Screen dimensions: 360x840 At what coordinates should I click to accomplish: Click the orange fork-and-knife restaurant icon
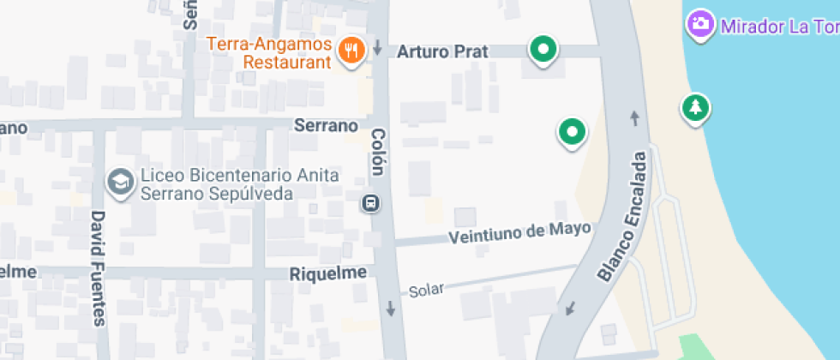tap(351, 51)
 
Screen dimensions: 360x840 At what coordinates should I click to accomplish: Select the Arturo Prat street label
tap(443, 52)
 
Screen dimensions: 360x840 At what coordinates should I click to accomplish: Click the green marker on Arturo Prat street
tap(542, 49)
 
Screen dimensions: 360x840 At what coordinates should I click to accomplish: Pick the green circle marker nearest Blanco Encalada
tap(572, 132)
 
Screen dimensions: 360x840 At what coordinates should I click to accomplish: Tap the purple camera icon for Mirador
tap(701, 24)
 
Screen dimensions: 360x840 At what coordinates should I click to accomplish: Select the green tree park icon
tap(696, 108)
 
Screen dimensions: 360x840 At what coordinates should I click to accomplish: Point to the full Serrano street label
tap(326, 125)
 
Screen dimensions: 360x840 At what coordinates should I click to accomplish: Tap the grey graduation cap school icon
tap(120, 182)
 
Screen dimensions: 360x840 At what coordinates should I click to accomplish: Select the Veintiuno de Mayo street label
tap(520, 232)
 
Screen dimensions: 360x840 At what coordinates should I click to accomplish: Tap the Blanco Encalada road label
tap(623, 217)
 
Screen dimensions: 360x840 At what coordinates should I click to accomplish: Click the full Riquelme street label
tap(328, 273)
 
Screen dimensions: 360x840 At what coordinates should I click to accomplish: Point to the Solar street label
tap(426, 291)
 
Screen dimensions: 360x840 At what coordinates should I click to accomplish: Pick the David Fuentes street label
tap(98, 268)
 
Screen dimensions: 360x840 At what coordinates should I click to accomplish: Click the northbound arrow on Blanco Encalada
tap(635, 118)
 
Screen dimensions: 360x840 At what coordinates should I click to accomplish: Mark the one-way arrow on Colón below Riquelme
tap(391, 308)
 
